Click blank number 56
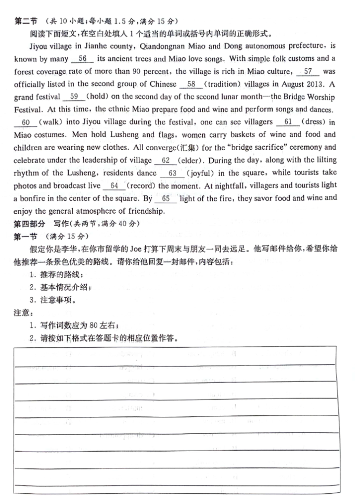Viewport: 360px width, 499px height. click(82, 59)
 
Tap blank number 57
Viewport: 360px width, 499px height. click(308, 71)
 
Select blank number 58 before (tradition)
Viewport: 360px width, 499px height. click(191, 84)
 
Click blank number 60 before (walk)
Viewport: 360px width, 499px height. click(26, 122)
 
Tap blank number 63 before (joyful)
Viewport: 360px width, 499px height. click(173, 173)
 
